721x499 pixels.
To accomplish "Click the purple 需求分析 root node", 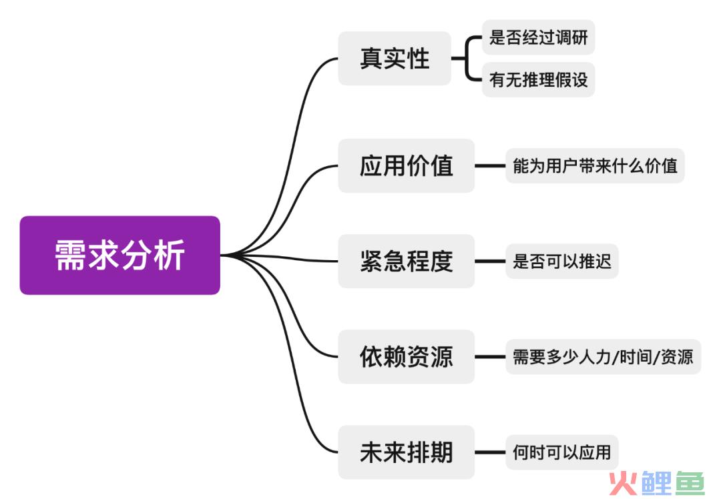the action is coord(120,255).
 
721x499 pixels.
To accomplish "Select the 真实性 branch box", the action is coord(395,58).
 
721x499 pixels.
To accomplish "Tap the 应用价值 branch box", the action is coord(406,165).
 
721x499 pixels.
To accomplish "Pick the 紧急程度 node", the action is coord(406,261).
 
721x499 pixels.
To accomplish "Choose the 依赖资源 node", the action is coord(406,356).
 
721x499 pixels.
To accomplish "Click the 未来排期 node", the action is coord(406,452).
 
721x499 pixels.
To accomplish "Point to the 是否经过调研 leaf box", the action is coord(539,37).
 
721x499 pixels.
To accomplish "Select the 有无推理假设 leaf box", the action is coord(539,79).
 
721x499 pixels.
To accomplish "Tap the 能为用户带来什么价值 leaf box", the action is coord(595,166).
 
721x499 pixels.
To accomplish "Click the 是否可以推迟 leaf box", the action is coord(562,262).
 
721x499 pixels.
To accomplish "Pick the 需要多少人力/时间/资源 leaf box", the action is coord(604,357).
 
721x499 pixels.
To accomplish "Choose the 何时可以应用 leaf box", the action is coord(562,452).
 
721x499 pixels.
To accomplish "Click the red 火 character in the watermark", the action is coord(624,484).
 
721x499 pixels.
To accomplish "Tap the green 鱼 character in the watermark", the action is coord(690,484).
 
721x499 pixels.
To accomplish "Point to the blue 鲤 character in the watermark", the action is coord(656,484).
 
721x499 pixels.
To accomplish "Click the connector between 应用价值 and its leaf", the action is coord(490,165).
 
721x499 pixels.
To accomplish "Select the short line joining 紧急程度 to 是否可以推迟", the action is coord(490,261).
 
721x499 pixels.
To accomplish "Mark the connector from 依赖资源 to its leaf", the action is coord(490,356).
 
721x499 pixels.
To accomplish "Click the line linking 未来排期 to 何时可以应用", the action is coord(490,452).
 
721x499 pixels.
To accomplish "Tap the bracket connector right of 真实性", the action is coord(466,58).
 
